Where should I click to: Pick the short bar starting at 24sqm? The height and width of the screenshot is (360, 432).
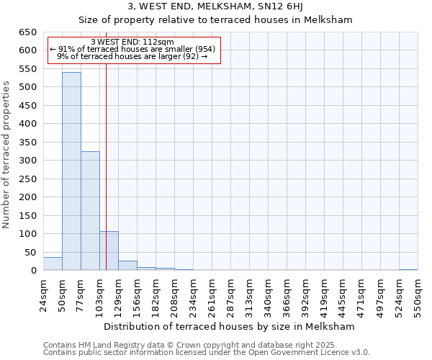pos(53,264)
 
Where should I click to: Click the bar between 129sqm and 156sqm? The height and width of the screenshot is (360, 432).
pos(127,266)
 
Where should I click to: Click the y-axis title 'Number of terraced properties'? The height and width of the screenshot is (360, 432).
pos(7,154)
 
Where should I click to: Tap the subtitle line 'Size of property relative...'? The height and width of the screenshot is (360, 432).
pos(215,20)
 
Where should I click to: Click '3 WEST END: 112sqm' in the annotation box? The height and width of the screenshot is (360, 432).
pos(133,42)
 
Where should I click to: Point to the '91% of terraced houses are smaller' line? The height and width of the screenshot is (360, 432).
pos(133,49)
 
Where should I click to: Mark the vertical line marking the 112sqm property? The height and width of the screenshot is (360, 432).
pos(106,180)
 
